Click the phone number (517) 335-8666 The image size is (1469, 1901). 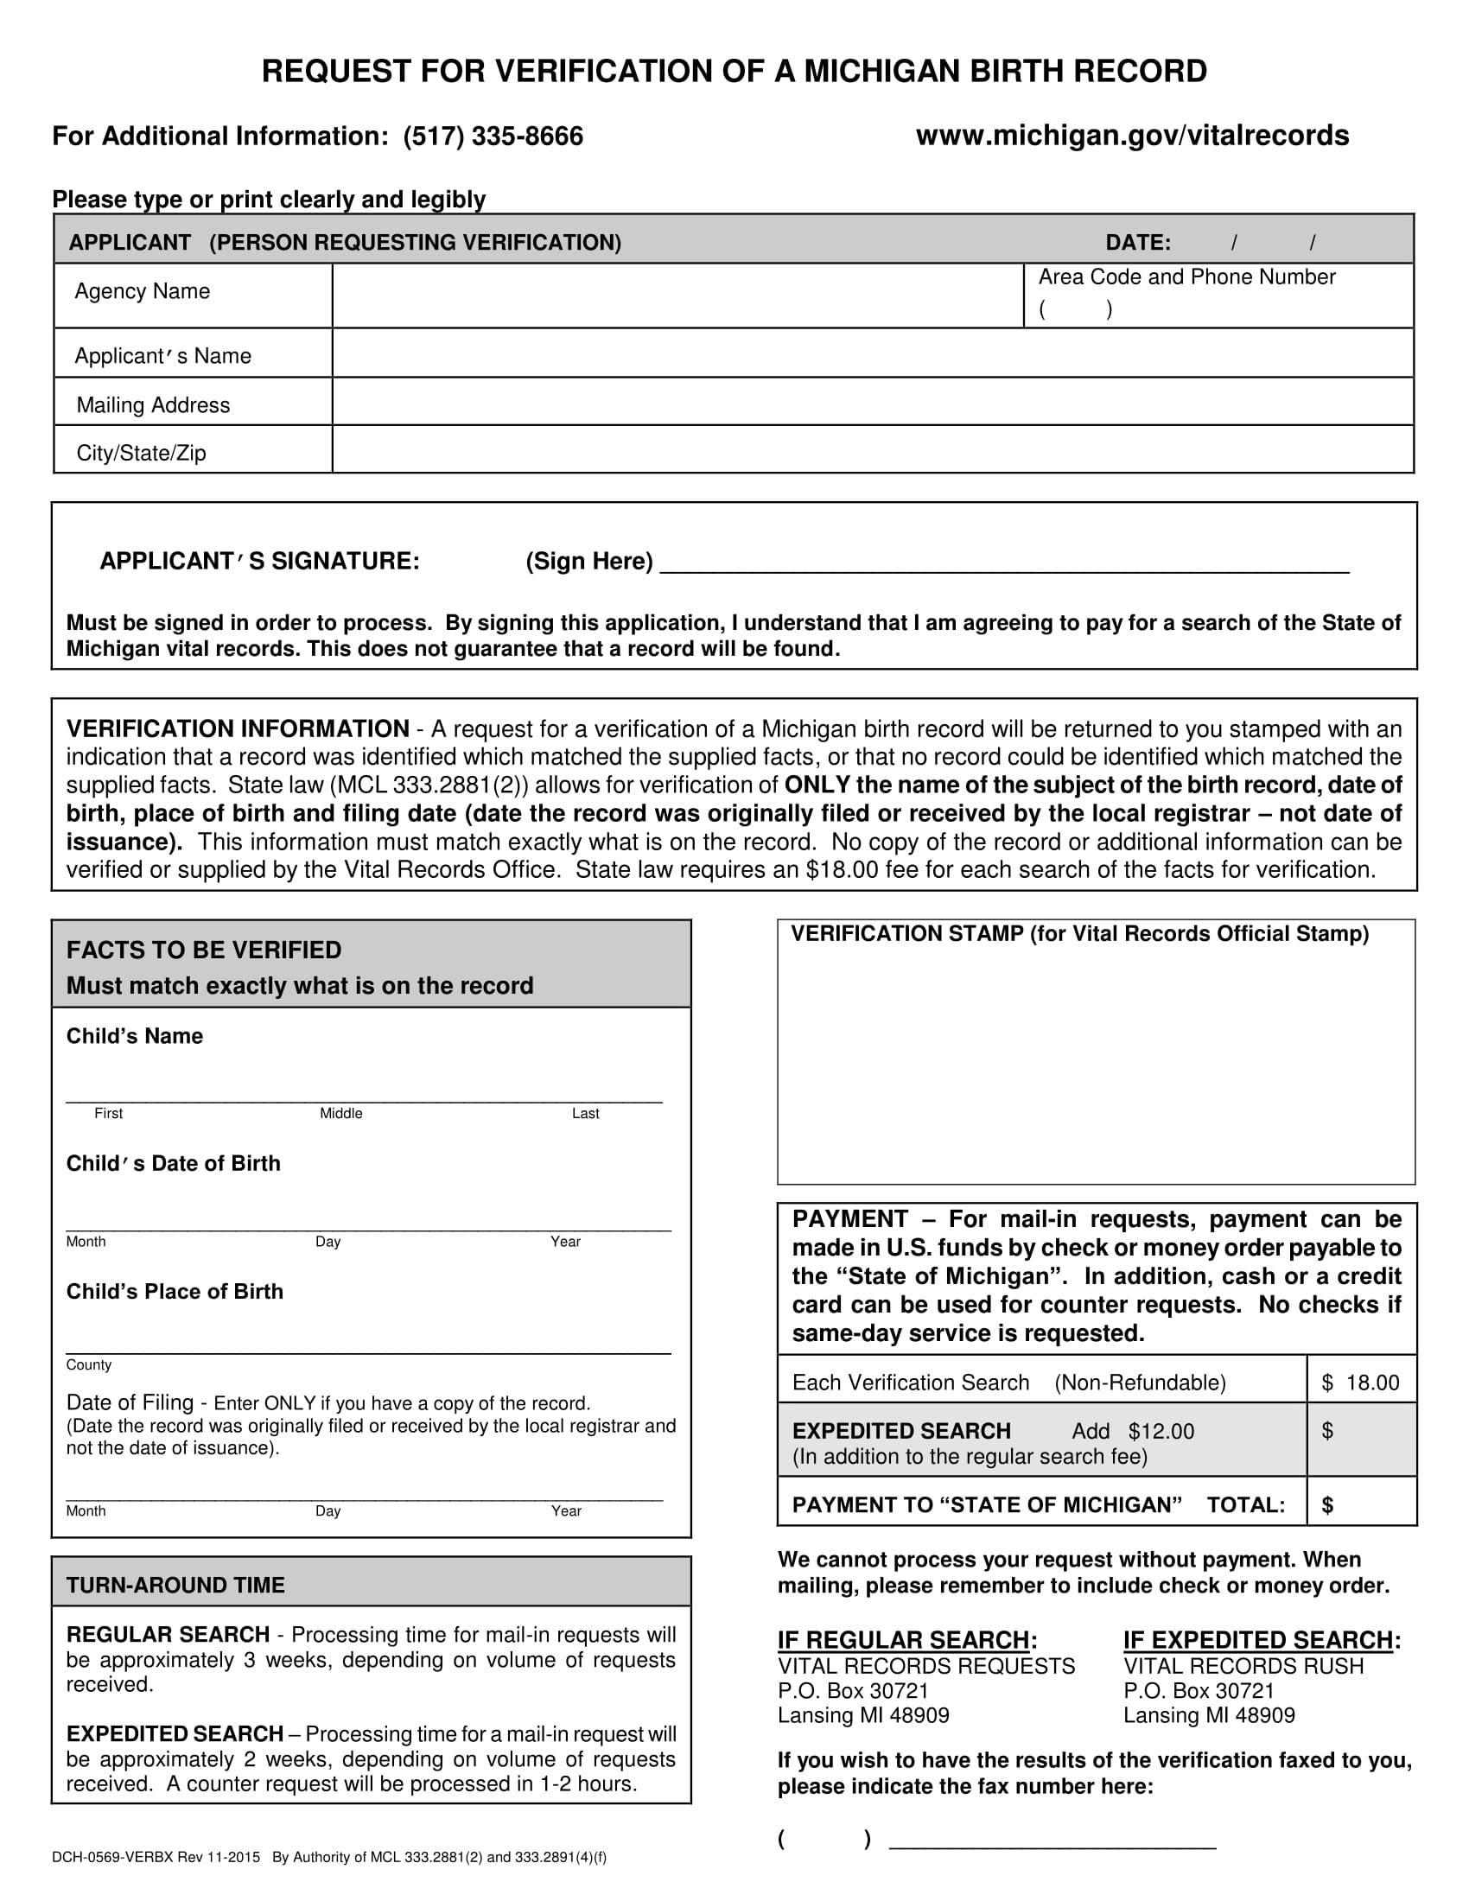pos(493,137)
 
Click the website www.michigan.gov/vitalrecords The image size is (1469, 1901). pos(1132,136)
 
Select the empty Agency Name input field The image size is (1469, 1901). pos(677,296)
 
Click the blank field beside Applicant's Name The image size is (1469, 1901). pos(872,353)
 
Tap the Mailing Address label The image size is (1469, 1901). pos(153,404)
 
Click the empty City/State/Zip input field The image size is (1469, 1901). pos(872,450)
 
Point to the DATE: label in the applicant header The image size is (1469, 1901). pos(1137,243)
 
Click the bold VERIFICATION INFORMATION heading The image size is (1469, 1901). pos(238,728)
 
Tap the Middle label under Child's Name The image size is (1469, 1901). pos(340,1113)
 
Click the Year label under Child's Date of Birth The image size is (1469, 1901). pos(565,1241)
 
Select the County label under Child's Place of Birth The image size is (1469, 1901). pos(89,1364)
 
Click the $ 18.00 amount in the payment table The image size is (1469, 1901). pos(1360,1383)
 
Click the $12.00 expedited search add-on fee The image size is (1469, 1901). pos(1161,1431)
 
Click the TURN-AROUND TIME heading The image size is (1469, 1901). pos(175,1585)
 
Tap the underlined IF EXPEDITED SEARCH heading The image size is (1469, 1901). pos(1257,1640)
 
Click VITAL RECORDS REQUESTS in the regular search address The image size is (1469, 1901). pos(926,1666)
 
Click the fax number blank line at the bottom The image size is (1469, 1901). pos(1052,1839)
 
